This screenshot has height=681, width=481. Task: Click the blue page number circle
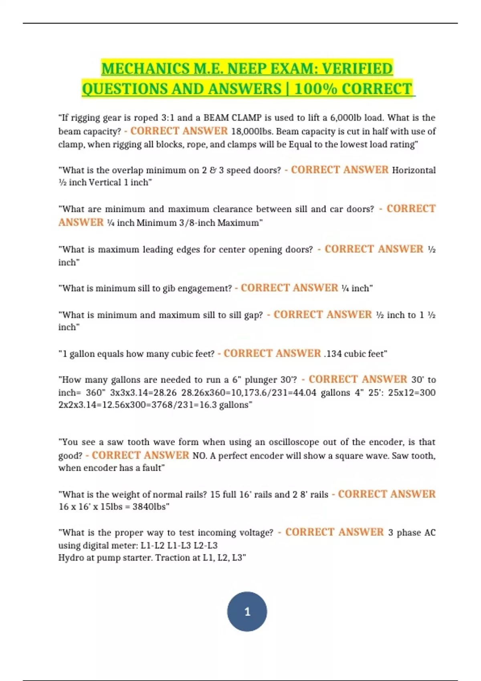tap(247, 611)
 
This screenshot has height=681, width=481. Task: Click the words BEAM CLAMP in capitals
tap(232, 118)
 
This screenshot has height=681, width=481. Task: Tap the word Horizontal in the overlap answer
tap(414, 170)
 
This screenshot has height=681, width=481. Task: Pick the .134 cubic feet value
tap(355, 354)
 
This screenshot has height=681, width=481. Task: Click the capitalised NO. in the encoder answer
tap(199, 456)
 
